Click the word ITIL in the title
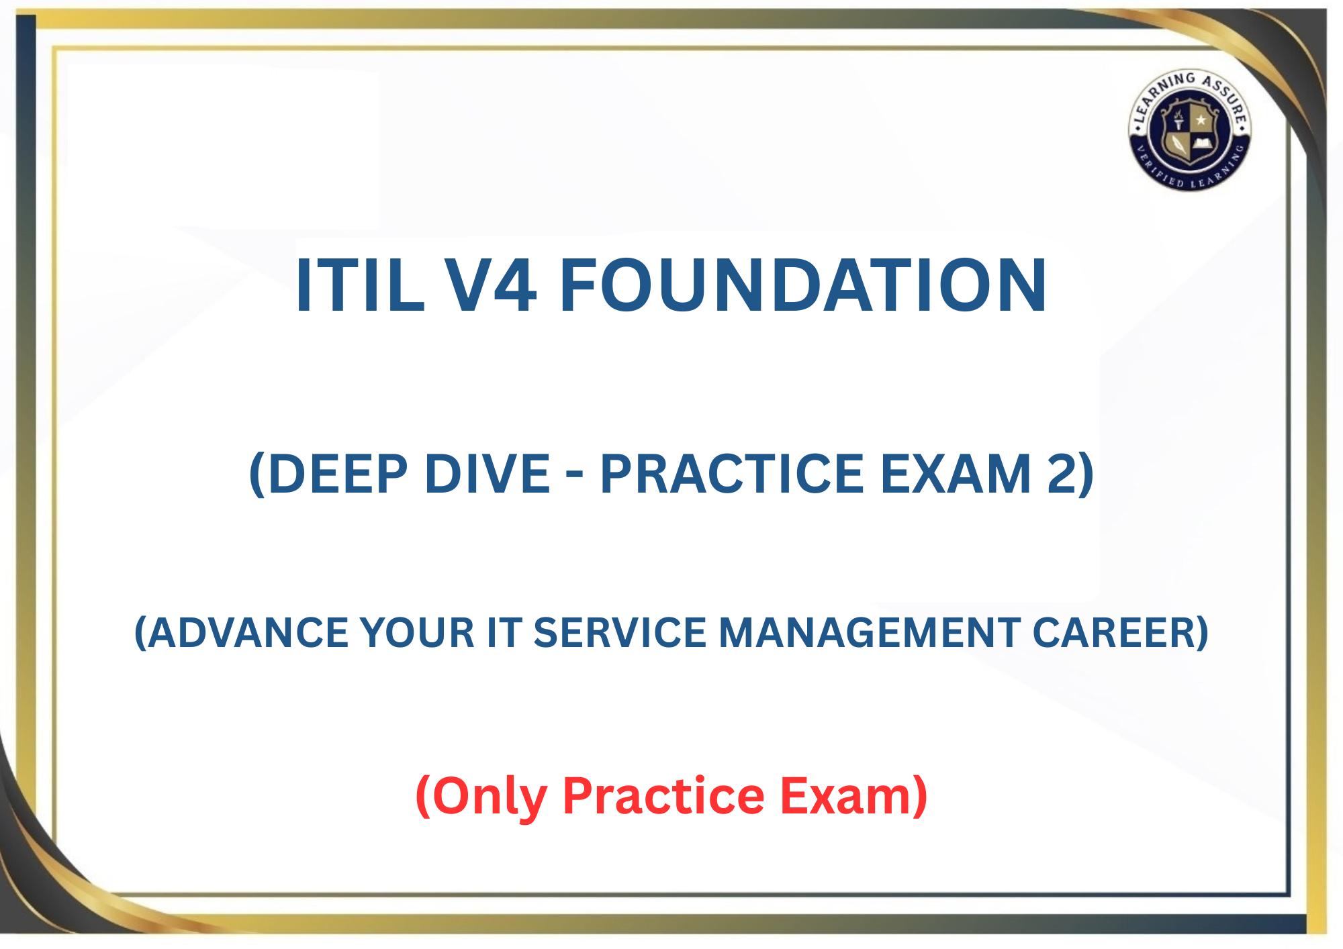coord(361,285)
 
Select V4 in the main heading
coord(491,285)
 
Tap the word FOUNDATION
coord(802,285)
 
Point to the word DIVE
coord(488,474)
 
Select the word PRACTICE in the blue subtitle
coord(732,474)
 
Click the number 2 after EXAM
coord(1062,474)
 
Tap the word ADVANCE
coord(246,633)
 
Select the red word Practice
coord(663,796)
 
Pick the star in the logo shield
coord(1201,120)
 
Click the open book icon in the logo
coord(1201,143)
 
